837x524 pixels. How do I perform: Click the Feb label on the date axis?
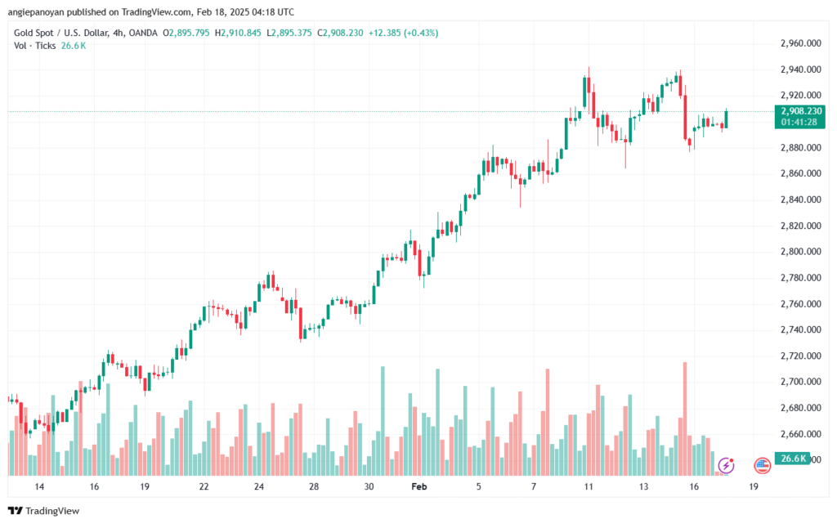click(419, 486)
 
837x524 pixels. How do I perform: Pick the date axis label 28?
click(314, 486)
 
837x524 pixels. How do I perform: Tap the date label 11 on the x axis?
click(588, 486)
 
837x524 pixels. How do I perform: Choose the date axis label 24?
click(259, 486)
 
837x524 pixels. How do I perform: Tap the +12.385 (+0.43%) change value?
click(404, 33)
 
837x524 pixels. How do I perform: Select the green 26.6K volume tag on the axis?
click(794, 459)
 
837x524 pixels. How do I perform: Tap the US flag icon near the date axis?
click(762, 465)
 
